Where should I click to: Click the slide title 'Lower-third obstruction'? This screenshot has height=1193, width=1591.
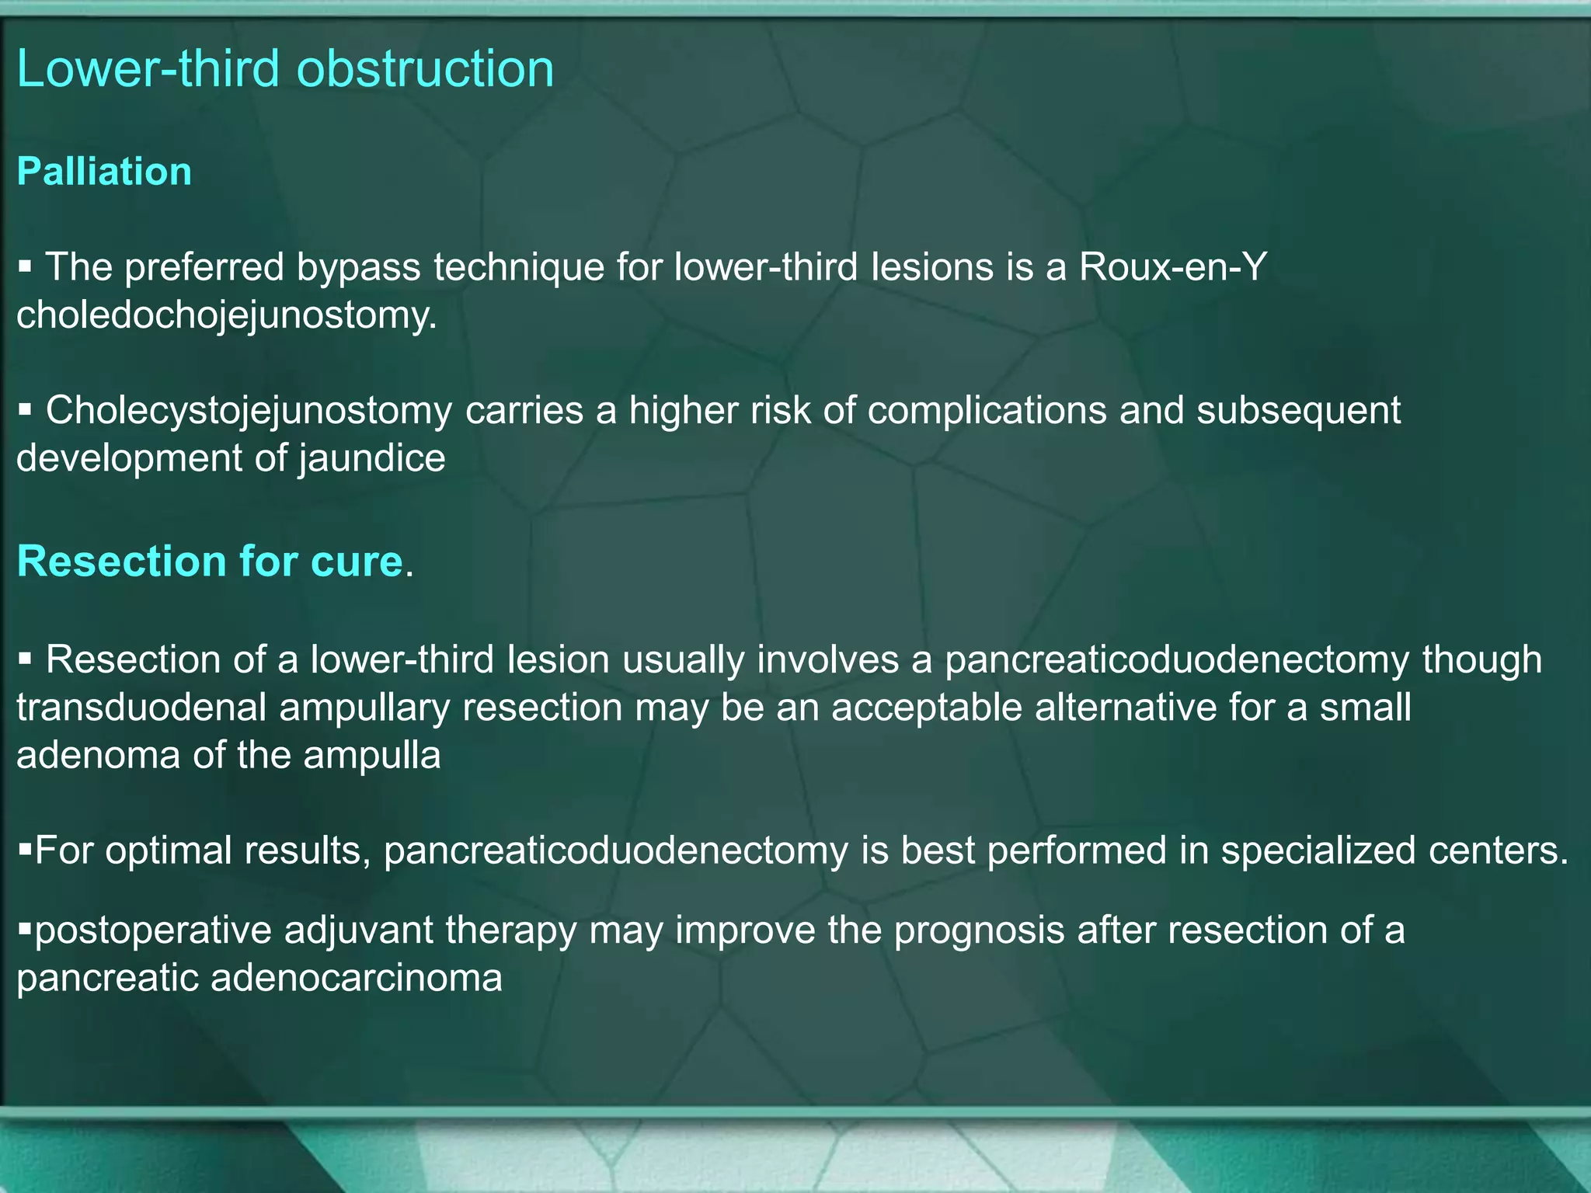[285, 68]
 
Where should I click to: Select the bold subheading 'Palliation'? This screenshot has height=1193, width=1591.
[104, 171]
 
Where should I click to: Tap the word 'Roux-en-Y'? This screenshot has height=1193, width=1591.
[1173, 267]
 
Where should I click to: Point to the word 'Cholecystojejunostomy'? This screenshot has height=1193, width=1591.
[249, 410]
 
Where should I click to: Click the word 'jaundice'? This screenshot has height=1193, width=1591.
[371, 458]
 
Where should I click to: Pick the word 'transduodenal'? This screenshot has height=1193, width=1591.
[141, 708]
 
